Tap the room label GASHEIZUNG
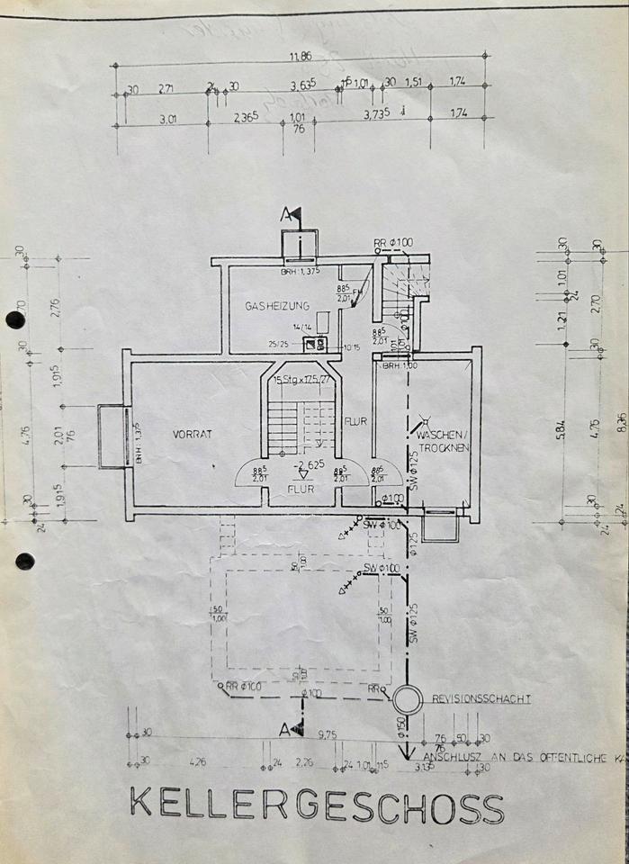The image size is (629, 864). pos(277,306)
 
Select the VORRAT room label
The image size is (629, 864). pos(192,434)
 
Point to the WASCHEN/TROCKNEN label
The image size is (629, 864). pos(442,441)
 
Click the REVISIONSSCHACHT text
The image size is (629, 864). pos(481,697)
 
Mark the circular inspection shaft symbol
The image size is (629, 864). pos(408,700)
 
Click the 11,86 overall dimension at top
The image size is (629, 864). pos(302,57)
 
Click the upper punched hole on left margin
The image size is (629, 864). pos(15,319)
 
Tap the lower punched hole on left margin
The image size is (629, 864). pos(24,562)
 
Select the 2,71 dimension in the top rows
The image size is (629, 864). pos(166,88)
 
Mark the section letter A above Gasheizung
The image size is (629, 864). pos(286,214)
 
